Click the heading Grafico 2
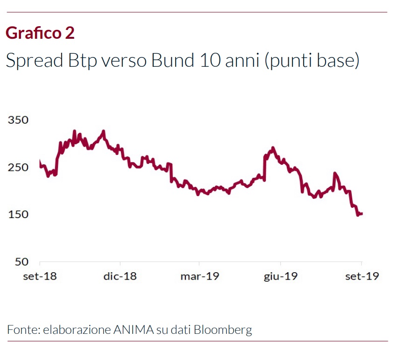pos(40,33)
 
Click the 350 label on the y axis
pos(18,120)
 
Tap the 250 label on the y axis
pos(18,167)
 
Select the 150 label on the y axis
pos(18,214)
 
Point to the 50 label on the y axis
pos(21,261)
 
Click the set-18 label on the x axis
pos(40,276)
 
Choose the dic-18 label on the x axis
pos(120,276)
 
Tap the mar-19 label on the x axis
pos(199,276)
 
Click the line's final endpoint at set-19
pos(362,213)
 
